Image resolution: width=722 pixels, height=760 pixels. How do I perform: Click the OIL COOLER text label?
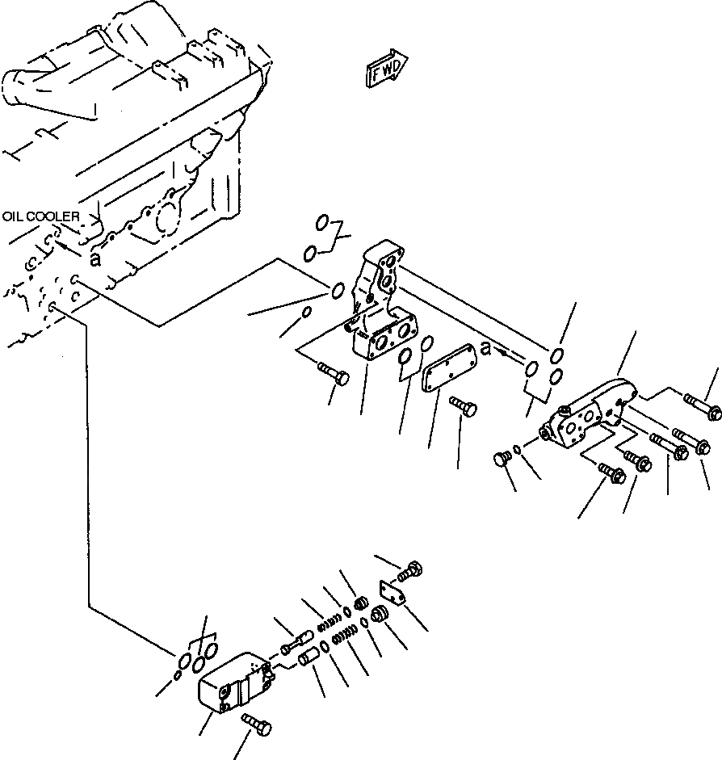pyautogui.click(x=40, y=216)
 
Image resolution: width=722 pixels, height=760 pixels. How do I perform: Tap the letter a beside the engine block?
pyautogui.click(x=95, y=258)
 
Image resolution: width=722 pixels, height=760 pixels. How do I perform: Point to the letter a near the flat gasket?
pyautogui.click(x=485, y=348)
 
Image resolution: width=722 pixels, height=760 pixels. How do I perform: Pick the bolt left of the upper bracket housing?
pyautogui.click(x=332, y=374)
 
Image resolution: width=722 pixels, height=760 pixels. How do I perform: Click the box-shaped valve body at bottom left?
pyautogui.click(x=232, y=684)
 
